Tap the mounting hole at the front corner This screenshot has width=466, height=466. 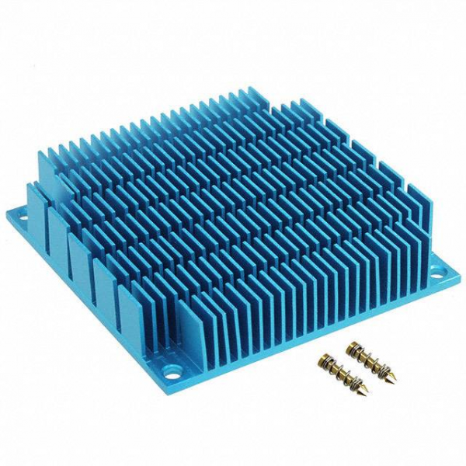169,361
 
